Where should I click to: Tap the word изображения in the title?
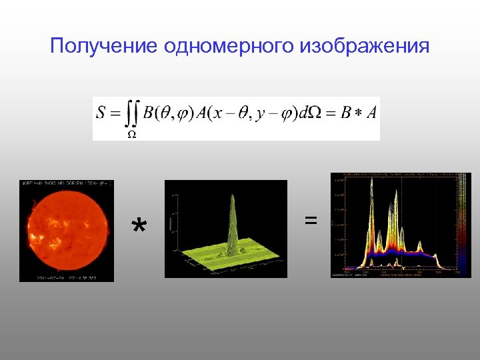tap(365, 47)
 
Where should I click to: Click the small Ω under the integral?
tap(132, 133)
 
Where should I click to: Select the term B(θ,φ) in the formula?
tap(167, 113)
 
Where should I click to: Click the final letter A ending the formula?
tap(371, 113)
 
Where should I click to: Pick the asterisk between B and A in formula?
tap(358, 114)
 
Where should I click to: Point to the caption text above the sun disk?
tap(67, 183)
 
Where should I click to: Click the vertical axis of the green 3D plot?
tap(174, 220)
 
